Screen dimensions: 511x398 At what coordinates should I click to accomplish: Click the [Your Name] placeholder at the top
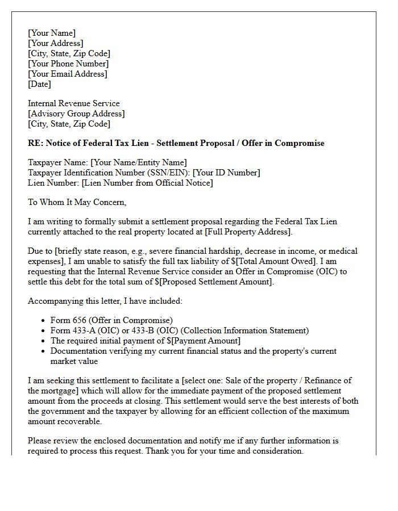point(52,33)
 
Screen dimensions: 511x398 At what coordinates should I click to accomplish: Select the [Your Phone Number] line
point(68,64)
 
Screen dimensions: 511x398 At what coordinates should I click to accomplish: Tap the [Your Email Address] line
point(68,74)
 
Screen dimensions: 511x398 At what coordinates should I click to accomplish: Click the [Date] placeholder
point(39,84)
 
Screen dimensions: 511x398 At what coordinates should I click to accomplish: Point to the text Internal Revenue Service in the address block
point(74,103)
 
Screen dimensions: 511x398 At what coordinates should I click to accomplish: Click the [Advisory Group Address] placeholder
point(76,114)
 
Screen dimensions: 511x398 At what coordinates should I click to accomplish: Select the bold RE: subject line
point(176,143)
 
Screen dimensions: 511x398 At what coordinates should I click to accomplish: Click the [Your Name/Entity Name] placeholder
point(139,162)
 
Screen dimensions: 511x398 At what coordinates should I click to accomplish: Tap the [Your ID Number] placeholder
point(226,173)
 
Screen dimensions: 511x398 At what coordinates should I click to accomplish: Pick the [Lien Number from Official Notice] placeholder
point(147,183)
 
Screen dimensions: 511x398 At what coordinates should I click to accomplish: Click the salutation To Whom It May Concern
point(77,202)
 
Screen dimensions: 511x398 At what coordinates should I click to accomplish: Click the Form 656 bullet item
point(111,320)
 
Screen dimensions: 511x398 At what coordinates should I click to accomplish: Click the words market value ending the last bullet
point(74,361)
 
